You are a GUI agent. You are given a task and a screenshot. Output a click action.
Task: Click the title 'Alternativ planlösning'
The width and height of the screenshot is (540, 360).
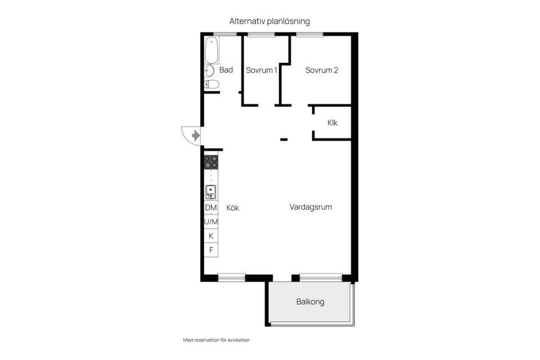click(x=269, y=21)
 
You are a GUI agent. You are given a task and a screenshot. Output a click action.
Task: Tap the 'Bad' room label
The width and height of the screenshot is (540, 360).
click(x=226, y=70)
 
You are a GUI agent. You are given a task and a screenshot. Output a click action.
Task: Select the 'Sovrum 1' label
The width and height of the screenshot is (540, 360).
click(x=262, y=70)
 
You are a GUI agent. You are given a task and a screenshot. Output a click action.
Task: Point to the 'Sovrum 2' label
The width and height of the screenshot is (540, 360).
click(x=322, y=70)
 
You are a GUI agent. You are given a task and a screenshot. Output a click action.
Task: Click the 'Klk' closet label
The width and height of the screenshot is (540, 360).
click(x=332, y=123)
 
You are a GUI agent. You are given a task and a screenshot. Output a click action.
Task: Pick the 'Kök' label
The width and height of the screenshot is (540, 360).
click(x=233, y=208)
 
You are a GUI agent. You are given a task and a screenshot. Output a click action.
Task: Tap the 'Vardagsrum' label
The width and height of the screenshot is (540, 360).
click(x=310, y=207)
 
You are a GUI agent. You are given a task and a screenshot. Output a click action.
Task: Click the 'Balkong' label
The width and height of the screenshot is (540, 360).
click(x=310, y=302)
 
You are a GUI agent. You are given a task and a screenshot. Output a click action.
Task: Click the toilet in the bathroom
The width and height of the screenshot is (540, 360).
click(x=211, y=85)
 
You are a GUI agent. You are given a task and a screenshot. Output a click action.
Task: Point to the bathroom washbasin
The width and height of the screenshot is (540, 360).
click(x=209, y=71)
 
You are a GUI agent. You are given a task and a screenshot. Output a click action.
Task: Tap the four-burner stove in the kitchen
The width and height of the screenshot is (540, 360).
click(x=211, y=163)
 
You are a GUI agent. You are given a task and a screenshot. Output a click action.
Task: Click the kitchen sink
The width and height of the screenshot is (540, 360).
click(x=211, y=192)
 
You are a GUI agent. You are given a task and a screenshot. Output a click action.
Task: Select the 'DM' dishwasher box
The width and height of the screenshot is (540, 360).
click(x=211, y=208)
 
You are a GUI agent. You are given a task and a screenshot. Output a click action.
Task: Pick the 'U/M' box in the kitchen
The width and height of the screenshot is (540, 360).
click(x=211, y=222)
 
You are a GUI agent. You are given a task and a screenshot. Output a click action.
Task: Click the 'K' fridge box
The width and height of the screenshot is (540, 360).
click(x=211, y=236)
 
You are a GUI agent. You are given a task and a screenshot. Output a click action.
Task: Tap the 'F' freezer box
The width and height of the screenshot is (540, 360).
click(x=211, y=250)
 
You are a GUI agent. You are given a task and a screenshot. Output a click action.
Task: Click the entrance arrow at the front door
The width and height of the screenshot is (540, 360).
click(x=195, y=136)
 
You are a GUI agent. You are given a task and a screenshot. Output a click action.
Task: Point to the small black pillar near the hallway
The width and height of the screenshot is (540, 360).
click(x=284, y=139)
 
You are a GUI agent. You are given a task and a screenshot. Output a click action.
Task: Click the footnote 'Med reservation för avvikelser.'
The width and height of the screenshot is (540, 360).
click(x=217, y=340)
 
